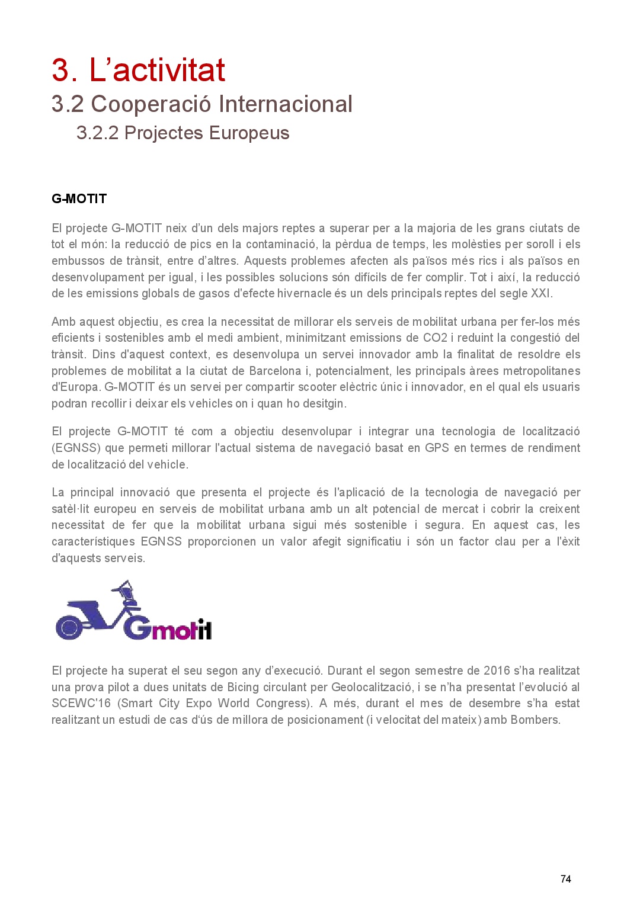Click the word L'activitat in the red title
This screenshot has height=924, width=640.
(x=157, y=70)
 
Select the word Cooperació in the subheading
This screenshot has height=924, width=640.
(x=151, y=104)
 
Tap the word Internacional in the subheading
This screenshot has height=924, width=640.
(x=286, y=104)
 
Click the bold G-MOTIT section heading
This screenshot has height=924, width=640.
(x=79, y=199)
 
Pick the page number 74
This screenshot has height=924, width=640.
(x=565, y=879)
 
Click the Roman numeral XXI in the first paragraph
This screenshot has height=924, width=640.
(x=542, y=294)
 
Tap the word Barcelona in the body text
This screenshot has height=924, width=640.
(x=275, y=371)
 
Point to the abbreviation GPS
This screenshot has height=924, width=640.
(x=437, y=448)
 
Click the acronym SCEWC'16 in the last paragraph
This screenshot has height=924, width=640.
(x=81, y=704)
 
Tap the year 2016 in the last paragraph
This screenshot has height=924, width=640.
(x=497, y=671)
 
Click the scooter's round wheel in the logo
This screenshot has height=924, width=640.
(x=69, y=628)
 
